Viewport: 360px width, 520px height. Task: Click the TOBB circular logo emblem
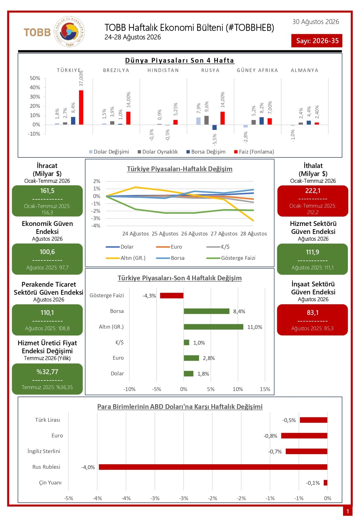69,32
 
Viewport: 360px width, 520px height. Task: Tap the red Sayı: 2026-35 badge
316,41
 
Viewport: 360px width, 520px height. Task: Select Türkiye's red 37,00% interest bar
81,107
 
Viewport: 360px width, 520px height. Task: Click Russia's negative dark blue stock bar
214,127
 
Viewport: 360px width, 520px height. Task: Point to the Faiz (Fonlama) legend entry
254,152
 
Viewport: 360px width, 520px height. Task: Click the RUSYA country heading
210,70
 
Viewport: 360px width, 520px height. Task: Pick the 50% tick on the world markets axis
35,78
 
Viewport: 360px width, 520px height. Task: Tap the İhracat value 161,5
47,191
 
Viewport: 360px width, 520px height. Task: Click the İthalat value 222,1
313,191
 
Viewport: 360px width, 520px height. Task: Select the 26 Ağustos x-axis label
194,234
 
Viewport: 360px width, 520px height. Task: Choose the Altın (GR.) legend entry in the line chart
125,258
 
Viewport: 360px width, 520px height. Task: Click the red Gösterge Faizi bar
172,295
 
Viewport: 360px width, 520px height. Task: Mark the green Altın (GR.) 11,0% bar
213,327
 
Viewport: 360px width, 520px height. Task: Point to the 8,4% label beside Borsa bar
239,311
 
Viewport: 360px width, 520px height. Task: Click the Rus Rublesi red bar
213,467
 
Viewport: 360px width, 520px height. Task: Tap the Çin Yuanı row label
50,483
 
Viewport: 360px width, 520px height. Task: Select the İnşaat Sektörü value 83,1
312,313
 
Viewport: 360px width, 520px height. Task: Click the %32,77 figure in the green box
47,372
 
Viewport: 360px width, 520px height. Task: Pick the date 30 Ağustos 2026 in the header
316,22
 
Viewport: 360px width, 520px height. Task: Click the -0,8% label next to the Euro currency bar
270,436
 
